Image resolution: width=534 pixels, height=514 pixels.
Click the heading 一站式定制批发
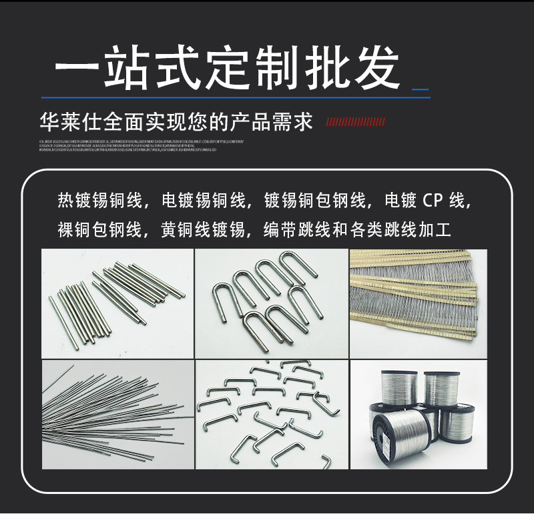pyautogui.click(x=227, y=69)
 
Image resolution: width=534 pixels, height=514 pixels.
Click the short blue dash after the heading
pyautogui.click(x=420, y=89)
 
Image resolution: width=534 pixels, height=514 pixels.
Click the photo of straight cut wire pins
pyautogui.click(x=117, y=303)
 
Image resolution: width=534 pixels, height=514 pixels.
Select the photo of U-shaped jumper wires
pyautogui.click(x=271, y=303)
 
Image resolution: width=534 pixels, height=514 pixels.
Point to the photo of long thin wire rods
pyautogui.click(x=117, y=415)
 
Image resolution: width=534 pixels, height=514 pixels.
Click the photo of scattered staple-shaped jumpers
pyautogui.click(x=271, y=415)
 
